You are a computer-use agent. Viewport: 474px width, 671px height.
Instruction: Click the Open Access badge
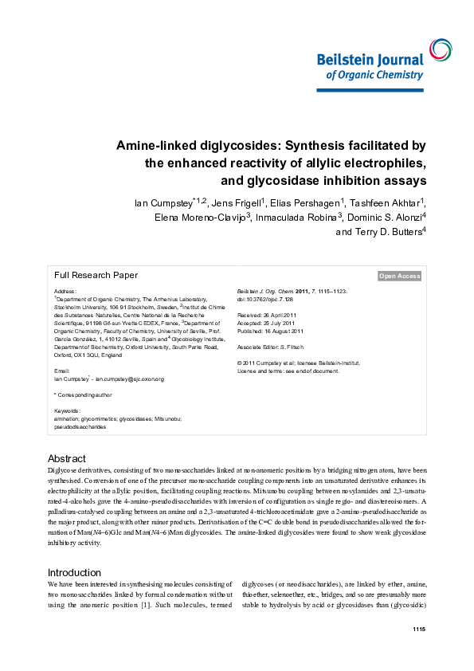(x=399, y=276)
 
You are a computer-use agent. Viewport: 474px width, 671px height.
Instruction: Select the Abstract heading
(x=67, y=459)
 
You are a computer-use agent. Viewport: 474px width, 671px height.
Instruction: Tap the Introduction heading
(x=74, y=572)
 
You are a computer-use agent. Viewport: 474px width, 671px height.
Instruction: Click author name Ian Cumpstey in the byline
(x=162, y=202)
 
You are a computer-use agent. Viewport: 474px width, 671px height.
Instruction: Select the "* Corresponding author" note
(x=83, y=394)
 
